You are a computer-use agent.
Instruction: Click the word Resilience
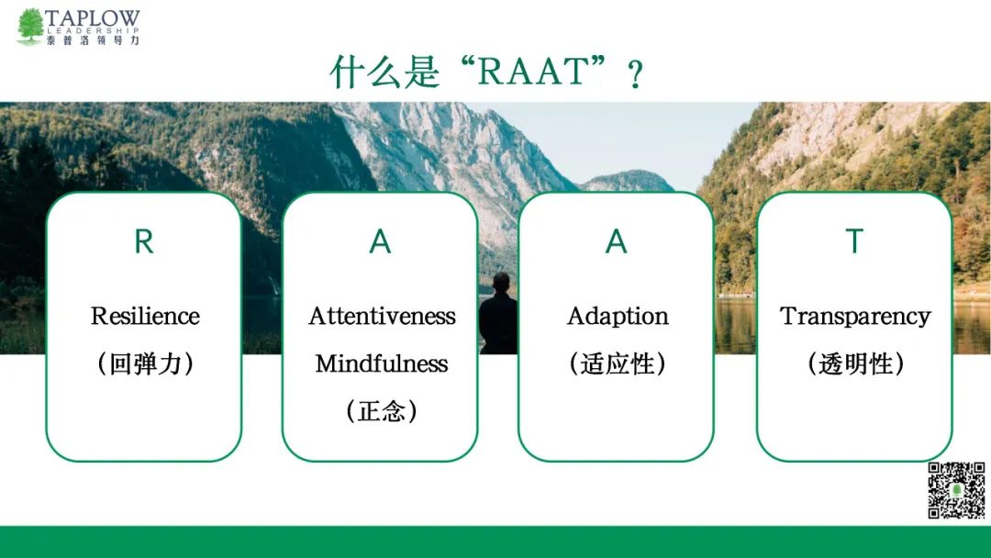(145, 316)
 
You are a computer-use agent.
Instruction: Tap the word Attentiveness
(382, 316)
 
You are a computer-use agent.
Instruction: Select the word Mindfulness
(382, 363)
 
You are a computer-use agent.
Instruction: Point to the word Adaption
(618, 317)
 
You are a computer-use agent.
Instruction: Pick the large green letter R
(144, 241)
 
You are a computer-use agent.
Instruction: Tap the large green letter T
(854, 241)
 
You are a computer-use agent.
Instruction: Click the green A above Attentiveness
(381, 241)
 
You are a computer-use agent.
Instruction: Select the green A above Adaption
(617, 241)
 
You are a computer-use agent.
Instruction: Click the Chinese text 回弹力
(145, 364)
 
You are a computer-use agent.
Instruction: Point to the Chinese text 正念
(382, 411)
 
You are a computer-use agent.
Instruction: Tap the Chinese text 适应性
(617, 364)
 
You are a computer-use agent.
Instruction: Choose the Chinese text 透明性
(855, 364)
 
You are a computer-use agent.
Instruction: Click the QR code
(956, 490)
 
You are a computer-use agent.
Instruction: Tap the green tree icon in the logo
(30, 27)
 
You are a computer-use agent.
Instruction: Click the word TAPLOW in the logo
(93, 18)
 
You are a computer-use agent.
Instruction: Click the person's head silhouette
(501, 282)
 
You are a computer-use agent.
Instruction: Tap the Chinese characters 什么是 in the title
(384, 72)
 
